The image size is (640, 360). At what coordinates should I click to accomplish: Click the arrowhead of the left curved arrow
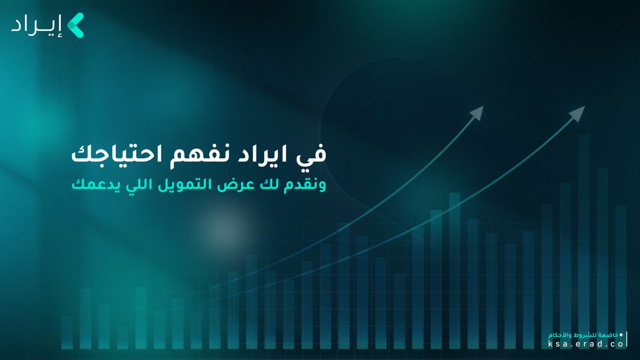[478, 112]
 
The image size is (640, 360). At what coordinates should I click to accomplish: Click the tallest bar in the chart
[583, 240]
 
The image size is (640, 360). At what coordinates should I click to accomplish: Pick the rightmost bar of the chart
[620, 277]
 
